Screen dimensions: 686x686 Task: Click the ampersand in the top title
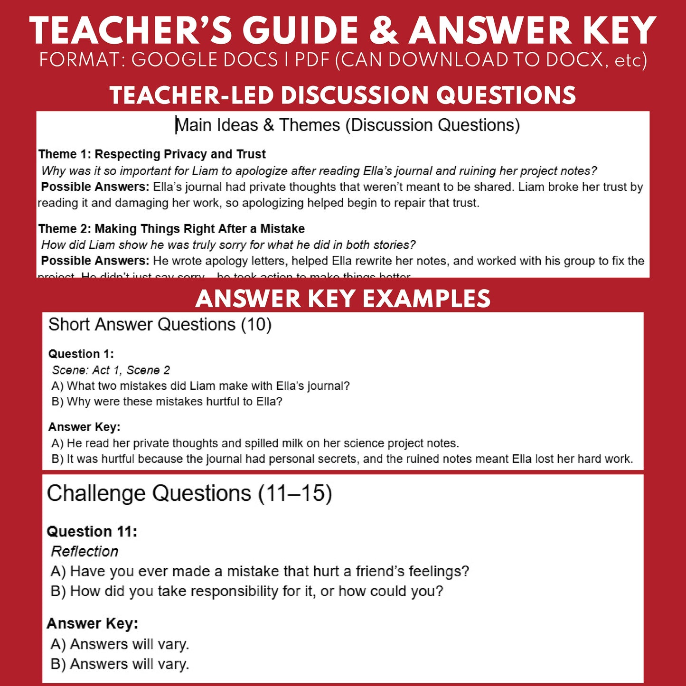[384, 31]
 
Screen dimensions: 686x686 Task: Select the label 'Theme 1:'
[65, 154]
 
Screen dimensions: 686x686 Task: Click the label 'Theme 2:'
[65, 229]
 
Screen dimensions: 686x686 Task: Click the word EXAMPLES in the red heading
[426, 299]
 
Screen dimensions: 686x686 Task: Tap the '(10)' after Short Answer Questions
[256, 325]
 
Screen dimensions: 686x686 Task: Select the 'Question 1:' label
[81, 354]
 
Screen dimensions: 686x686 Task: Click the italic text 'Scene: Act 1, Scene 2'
[111, 370]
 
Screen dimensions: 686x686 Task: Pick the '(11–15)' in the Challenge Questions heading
[295, 494]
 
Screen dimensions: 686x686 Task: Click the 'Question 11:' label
[92, 532]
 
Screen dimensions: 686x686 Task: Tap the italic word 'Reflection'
[85, 552]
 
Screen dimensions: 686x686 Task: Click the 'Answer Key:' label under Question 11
[93, 624]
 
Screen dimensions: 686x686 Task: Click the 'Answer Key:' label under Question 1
[85, 427]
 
